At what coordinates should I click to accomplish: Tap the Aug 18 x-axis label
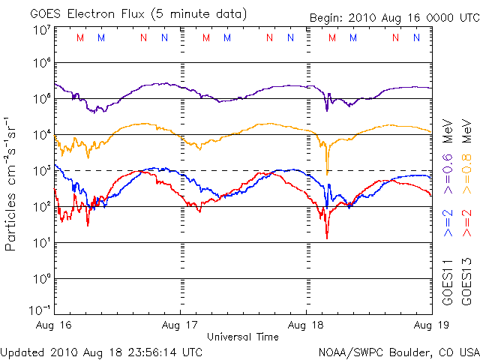[x=307, y=325]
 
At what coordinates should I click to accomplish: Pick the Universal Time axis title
[x=243, y=337]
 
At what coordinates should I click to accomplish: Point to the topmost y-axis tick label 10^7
[x=42, y=30]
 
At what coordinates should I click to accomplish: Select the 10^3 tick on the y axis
[x=42, y=170]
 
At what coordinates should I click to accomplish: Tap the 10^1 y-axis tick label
[x=42, y=242]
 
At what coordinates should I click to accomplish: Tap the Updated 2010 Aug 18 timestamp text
[x=101, y=351]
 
